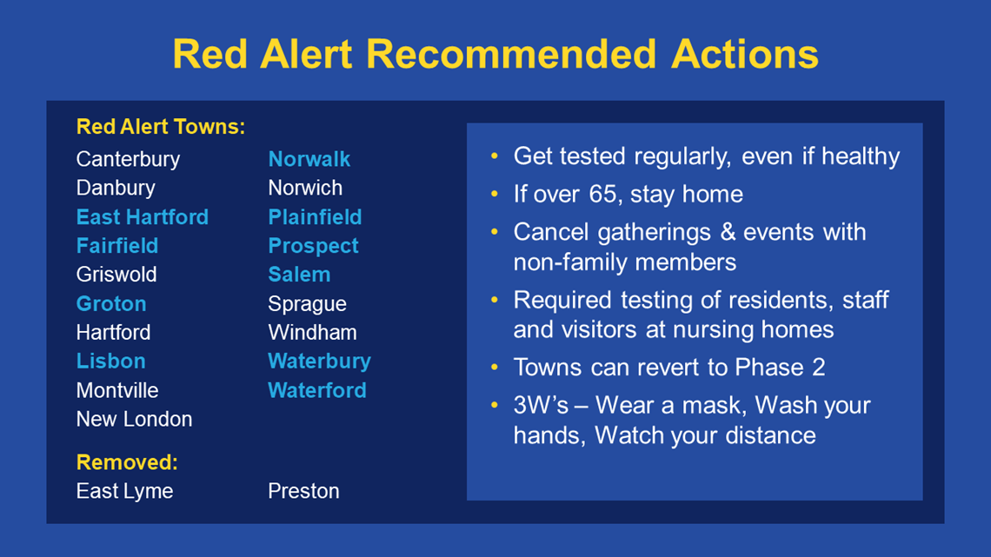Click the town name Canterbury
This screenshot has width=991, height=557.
tap(128, 160)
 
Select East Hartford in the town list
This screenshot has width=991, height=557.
tap(143, 217)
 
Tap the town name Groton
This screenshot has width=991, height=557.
tap(111, 304)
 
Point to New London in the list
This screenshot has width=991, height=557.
tap(134, 420)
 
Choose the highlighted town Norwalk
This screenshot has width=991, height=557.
tap(309, 159)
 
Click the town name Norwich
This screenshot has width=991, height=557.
tap(305, 189)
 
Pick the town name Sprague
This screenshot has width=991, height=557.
tap(307, 305)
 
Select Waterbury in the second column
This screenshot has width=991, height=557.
tap(319, 361)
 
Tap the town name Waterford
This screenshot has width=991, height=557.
tap(317, 390)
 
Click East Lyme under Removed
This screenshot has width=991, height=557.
tap(124, 492)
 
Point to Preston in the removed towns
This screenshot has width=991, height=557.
tap(303, 491)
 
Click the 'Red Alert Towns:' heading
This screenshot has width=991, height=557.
tap(161, 127)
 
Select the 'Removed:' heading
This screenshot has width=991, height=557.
tap(127, 462)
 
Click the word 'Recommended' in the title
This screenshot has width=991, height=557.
tap(511, 54)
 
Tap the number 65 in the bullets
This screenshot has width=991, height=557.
tap(602, 194)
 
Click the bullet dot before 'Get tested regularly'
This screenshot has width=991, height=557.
tap(495, 156)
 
